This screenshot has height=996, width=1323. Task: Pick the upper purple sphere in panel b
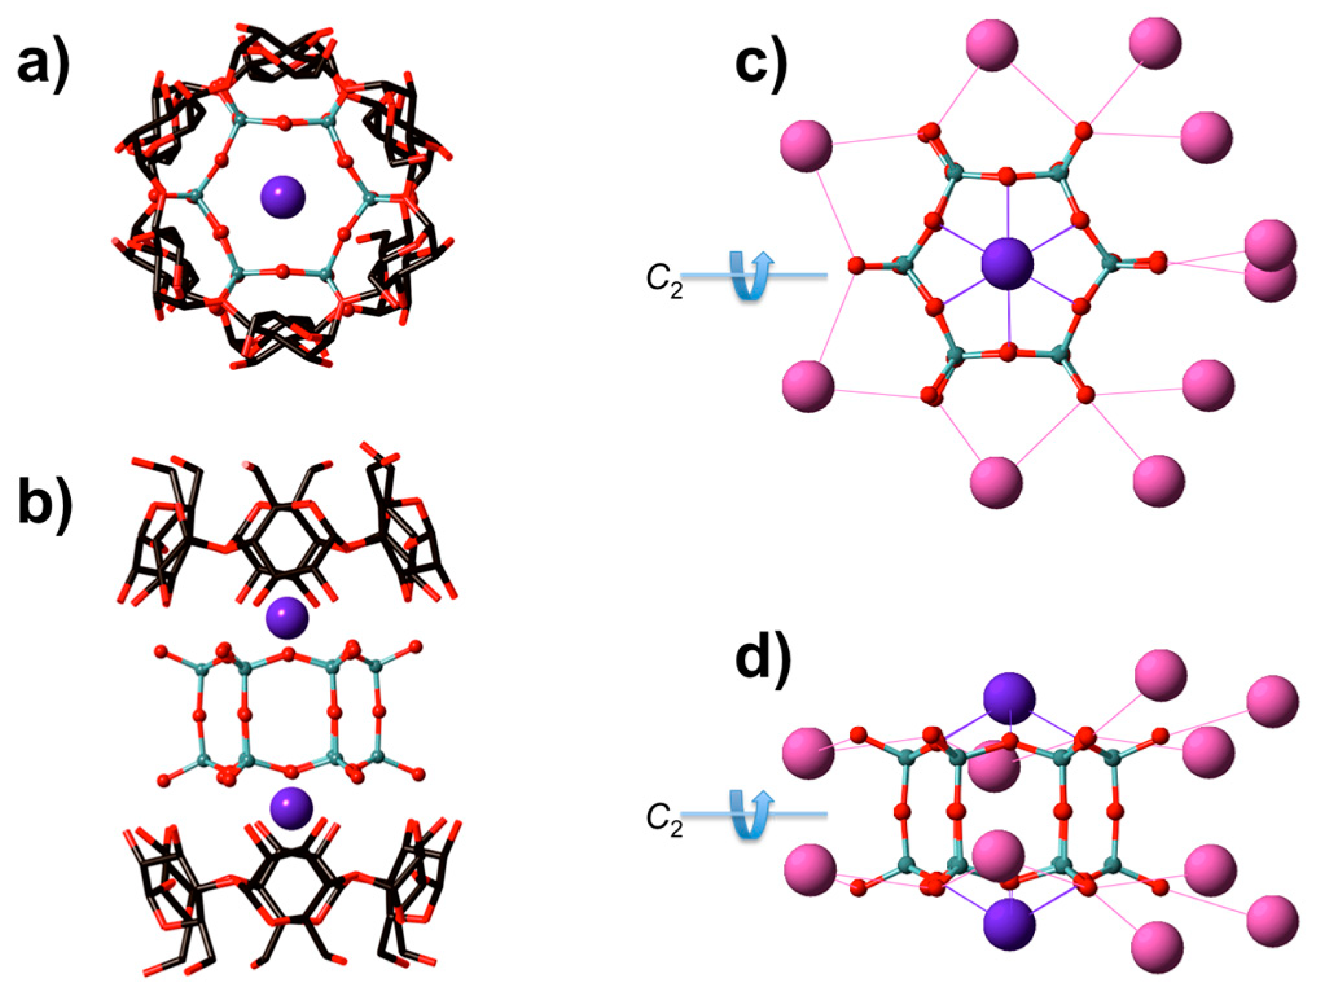(288, 618)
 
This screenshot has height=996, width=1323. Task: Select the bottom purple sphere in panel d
(1009, 923)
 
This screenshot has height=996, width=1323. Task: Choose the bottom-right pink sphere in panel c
(1159, 481)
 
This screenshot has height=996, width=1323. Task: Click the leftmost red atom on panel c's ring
(856, 266)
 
